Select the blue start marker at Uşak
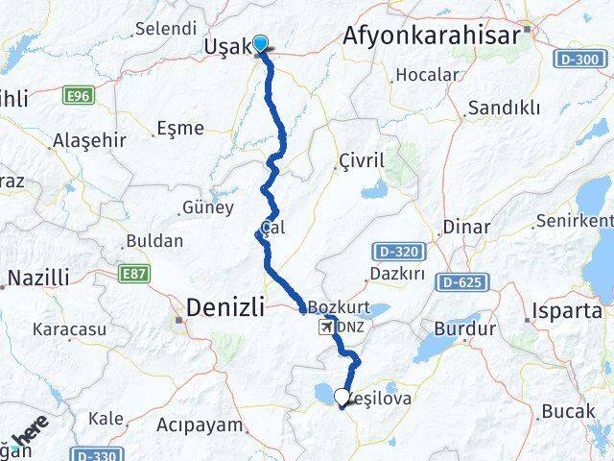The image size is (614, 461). [x=259, y=42]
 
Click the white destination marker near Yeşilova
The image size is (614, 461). [x=342, y=396]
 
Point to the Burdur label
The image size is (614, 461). [x=464, y=328]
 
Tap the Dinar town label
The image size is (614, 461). [x=466, y=228]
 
